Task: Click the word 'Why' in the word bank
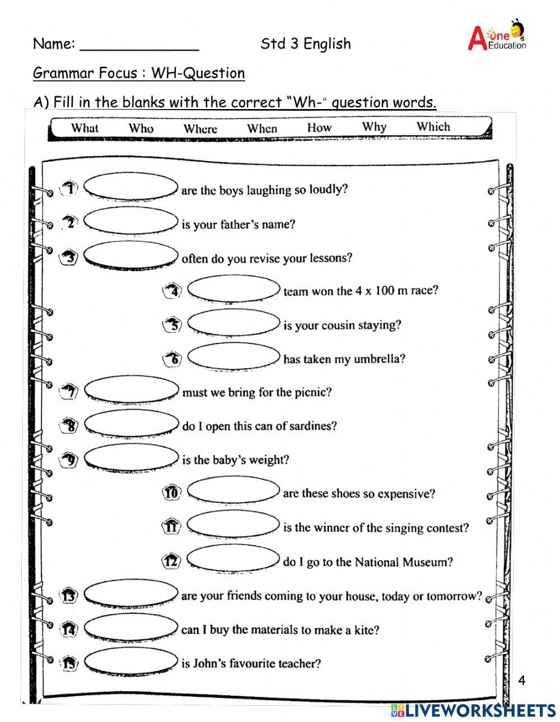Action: [x=374, y=126]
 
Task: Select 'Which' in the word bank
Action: [x=433, y=126]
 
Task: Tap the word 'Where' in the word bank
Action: [x=200, y=129]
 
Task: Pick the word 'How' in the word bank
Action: [x=319, y=128]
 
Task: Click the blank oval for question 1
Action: [x=130, y=187]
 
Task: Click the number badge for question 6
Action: [x=173, y=358]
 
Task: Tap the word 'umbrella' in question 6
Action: [x=380, y=359]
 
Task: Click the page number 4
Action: [x=522, y=681]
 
